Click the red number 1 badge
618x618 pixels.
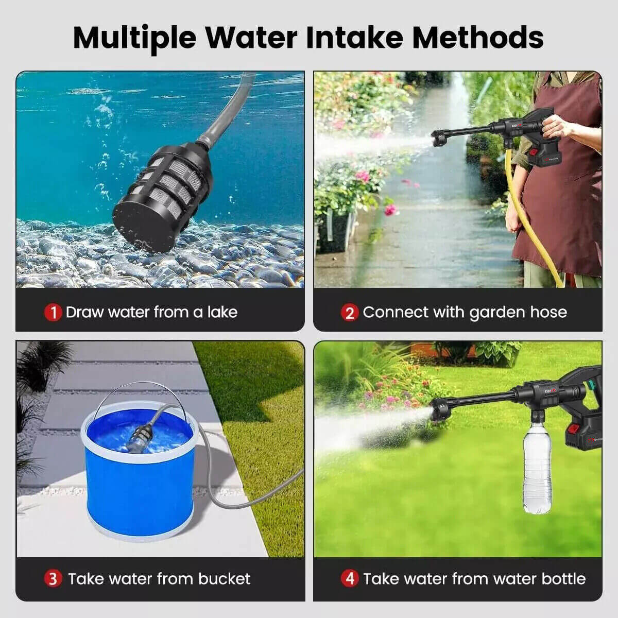coord(53,313)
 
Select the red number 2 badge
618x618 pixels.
coord(350,313)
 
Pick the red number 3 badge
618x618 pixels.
coord(53,579)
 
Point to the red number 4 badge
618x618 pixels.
coord(350,579)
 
